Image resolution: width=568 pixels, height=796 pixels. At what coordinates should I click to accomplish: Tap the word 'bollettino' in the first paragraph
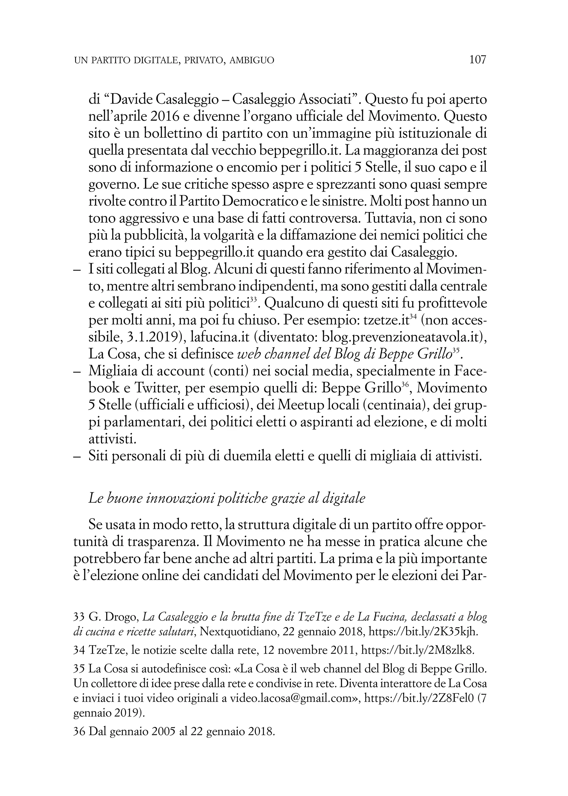(x=163, y=134)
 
